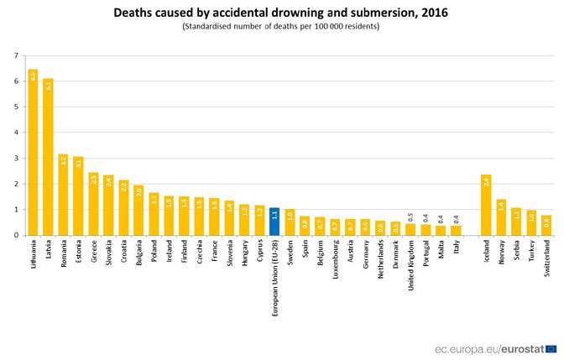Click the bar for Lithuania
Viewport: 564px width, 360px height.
coord(33,152)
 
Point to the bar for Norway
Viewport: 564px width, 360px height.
coord(501,217)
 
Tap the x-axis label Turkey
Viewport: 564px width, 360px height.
coord(532,253)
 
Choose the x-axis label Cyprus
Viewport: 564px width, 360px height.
coord(260,253)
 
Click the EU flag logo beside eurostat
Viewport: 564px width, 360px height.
coord(549,347)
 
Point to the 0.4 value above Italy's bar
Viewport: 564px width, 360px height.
coord(456,218)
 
